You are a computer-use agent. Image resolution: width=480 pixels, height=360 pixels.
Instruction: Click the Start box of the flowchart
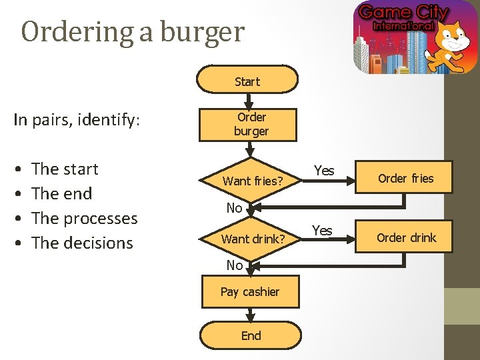pyautogui.click(x=247, y=81)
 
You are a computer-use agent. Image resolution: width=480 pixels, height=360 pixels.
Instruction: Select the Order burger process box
pyautogui.click(x=251, y=124)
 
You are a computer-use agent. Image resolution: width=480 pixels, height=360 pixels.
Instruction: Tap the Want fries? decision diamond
pyautogui.click(x=253, y=181)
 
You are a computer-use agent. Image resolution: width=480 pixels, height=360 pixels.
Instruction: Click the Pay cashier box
pyautogui.click(x=250, y=291)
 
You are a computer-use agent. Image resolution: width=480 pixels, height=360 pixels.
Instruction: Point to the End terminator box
pyautogui.click(x=251, y=335)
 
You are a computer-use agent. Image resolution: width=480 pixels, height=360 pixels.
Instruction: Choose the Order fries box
pyautogui.click(x=405, y=179)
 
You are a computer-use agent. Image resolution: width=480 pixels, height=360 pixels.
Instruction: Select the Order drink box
pyautogui.click(x=405, y=238)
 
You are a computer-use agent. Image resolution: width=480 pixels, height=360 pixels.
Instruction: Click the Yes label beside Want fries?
pyautogui.click(x=324, y=171)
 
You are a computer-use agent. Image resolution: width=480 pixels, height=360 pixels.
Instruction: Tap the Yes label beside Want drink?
pyautogui.click(x=322, y=231)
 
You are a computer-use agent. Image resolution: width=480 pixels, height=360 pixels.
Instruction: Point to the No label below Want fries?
pyautogui.click(x=234, y=208)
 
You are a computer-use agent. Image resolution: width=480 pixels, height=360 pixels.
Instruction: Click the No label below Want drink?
pyautogui.click(x=234, y=265)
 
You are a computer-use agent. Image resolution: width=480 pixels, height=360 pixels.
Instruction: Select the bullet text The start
pyautogui.click(x=65, y=169)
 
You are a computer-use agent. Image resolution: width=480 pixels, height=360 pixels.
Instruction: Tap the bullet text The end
pyautogui.click(x=61, y=194)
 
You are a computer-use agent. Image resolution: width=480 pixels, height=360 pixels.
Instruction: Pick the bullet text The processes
pyautogui.click(x=84, y=219)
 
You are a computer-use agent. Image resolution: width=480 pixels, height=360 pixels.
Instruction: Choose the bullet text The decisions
pyautogui.click(x=82, y=243)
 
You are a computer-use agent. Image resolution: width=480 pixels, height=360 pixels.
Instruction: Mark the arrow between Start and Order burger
pyautogui.click(x=247, y=101)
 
